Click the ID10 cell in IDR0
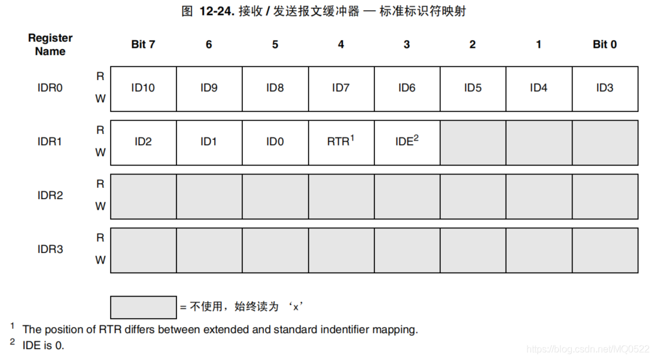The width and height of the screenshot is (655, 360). (x=144, y=89)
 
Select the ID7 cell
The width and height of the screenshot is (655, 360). (x=342, y=89)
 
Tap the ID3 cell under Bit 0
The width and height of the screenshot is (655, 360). (x=605, y=89)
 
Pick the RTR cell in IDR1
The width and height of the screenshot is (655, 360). (x=342, y=142)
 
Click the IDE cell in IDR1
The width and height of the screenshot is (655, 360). (x=407, y=142)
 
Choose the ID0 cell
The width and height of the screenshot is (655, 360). (x=275, y=142)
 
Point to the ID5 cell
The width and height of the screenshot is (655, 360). (x=473, y=89)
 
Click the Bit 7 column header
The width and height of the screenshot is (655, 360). (x=143, y=44)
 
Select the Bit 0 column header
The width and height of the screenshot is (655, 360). (x=605, y=44)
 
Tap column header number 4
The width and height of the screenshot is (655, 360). (x=341, y=44)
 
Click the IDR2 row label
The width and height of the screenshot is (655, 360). (x=50, y=196)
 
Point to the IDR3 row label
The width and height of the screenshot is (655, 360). (x=50, y=249)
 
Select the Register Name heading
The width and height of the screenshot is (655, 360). (x=50, y=45)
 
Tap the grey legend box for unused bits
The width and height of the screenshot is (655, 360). (x=144, y=307)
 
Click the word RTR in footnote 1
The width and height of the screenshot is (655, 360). (x=110, y=330)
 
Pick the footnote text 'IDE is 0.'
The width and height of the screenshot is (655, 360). (x=44, y=346)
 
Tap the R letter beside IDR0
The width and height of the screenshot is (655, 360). (x=100, y=77)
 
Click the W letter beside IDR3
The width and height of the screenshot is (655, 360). (x=100, y=260)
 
